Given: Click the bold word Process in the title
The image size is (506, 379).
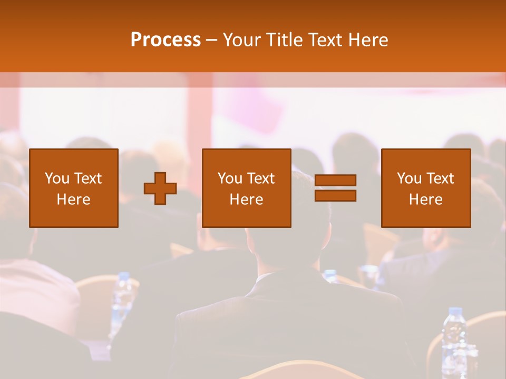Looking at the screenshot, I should (166, 40).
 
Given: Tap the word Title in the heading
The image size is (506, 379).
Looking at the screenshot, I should (283, 40).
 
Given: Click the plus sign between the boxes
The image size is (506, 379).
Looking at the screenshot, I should (160, 188).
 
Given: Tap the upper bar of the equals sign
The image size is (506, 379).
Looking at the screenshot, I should (335, 180).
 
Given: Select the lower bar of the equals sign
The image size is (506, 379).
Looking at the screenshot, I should (335, 196).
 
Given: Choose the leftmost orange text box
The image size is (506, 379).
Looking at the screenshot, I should (73, 188).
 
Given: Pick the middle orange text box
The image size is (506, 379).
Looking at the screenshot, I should (246, 188).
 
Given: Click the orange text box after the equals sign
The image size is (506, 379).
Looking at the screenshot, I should (425, 188).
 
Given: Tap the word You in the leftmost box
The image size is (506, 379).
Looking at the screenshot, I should (57, 178).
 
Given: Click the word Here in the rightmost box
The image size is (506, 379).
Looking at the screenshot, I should (425, 200).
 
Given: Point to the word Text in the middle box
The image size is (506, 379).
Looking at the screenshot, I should (260, 178).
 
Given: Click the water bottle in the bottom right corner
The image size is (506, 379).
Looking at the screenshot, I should (453, 342).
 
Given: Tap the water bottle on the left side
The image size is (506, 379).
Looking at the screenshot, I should (122, 300).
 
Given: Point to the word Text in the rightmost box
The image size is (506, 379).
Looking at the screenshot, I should (440, 178).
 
